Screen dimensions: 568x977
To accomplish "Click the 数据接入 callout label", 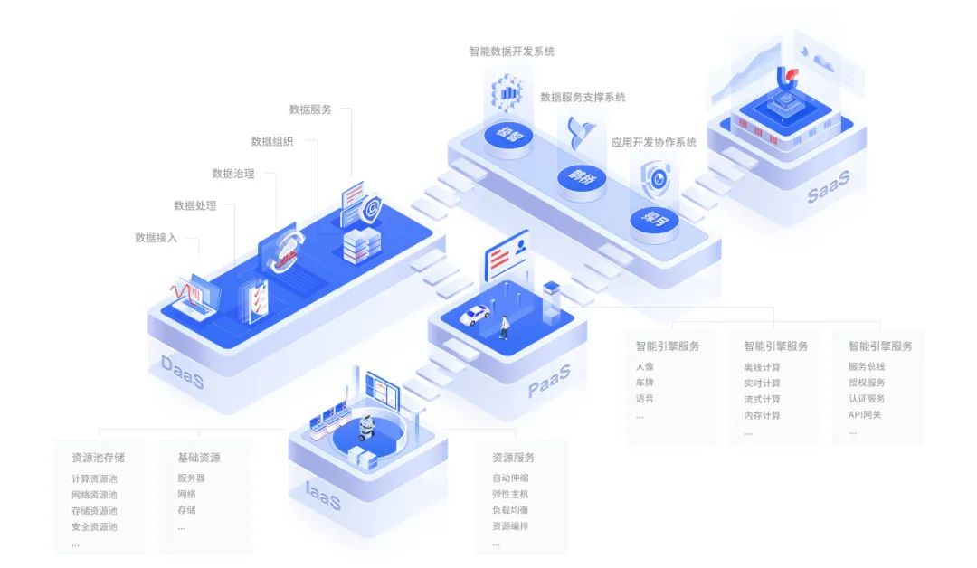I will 156,238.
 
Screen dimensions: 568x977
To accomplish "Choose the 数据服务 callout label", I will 310,109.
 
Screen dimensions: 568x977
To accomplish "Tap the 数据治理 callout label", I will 232,174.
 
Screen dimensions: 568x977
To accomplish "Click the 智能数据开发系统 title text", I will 511,52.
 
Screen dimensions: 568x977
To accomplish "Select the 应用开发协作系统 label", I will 653,143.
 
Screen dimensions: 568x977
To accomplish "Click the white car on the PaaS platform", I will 474,316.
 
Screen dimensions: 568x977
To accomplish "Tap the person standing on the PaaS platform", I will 504,327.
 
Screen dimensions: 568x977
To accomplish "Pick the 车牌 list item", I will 644,383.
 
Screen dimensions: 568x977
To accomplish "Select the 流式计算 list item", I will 762,400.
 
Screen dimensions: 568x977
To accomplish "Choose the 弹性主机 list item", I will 510,495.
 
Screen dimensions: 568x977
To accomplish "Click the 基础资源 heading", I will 198,458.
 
